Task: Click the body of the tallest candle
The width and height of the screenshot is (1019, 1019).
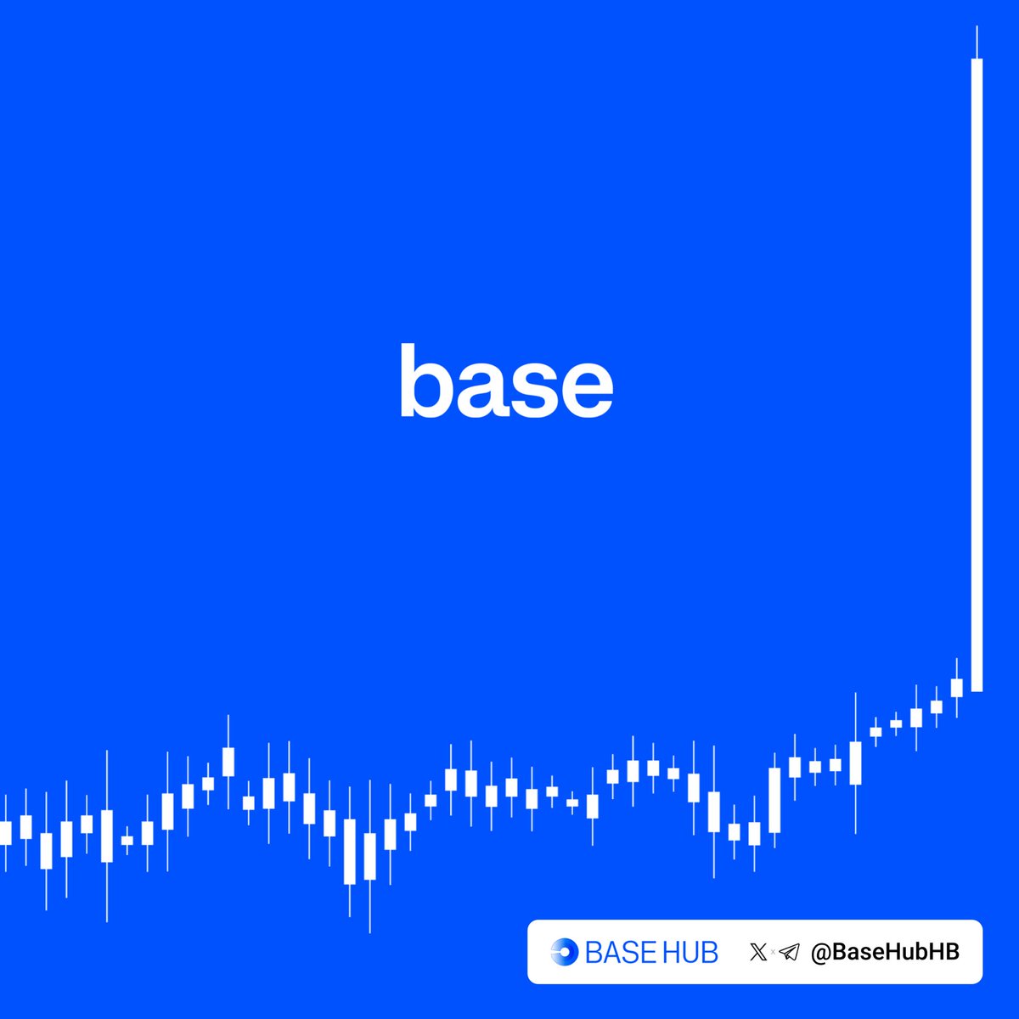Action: (x=977, y=374)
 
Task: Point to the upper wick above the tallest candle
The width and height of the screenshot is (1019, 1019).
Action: (x=977, y=42)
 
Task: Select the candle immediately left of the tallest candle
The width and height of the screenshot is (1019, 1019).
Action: (x=957, y=687)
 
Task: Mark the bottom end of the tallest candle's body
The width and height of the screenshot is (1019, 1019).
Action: (x=977, y=689)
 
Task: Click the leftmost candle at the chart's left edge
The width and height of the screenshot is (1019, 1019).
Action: (x=5, y=832)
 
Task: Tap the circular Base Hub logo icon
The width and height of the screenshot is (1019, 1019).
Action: (x=565, y=952)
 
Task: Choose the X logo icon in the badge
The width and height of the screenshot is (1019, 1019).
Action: (x=758, y=952)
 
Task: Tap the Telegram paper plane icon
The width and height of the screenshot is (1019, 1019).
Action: (x=790, y=952)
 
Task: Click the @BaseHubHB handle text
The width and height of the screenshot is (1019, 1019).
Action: (x=885, y=952)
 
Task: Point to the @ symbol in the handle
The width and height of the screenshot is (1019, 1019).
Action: (x=819, y=953)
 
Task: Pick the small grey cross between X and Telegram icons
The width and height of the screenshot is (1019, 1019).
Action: (x=774, y=953)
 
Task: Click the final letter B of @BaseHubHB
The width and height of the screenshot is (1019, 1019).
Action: (x=952, y=952)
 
